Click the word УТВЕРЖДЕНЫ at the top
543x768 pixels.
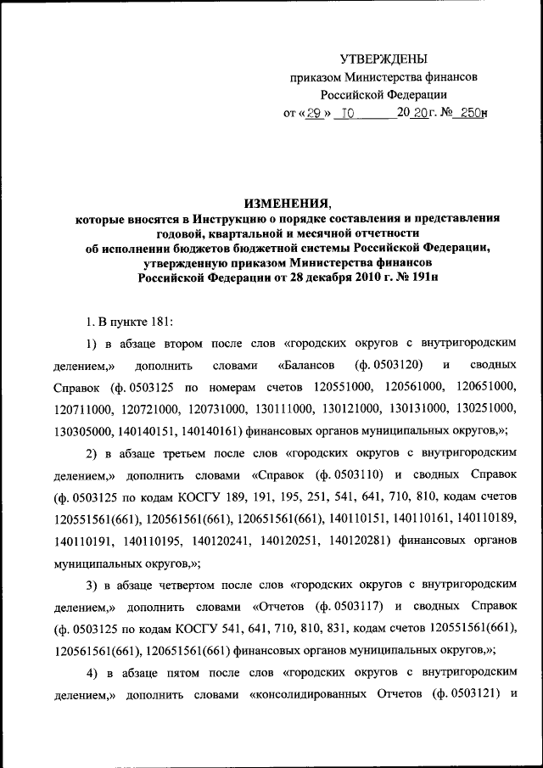tap(383, 59)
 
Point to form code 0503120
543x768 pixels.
tap(391, 366)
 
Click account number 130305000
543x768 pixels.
tap(84, 432)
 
